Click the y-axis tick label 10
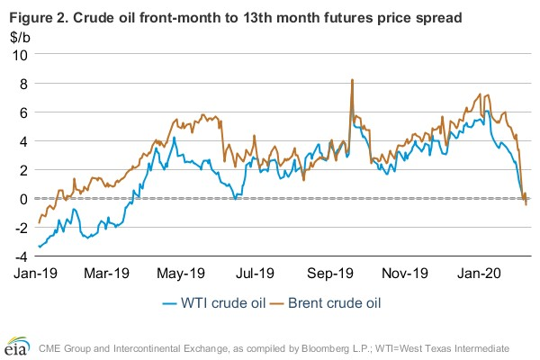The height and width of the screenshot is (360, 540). coord(19,54)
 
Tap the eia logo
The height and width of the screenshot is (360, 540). coord(20,346)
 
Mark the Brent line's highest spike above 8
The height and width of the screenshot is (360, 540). coord(352,80)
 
